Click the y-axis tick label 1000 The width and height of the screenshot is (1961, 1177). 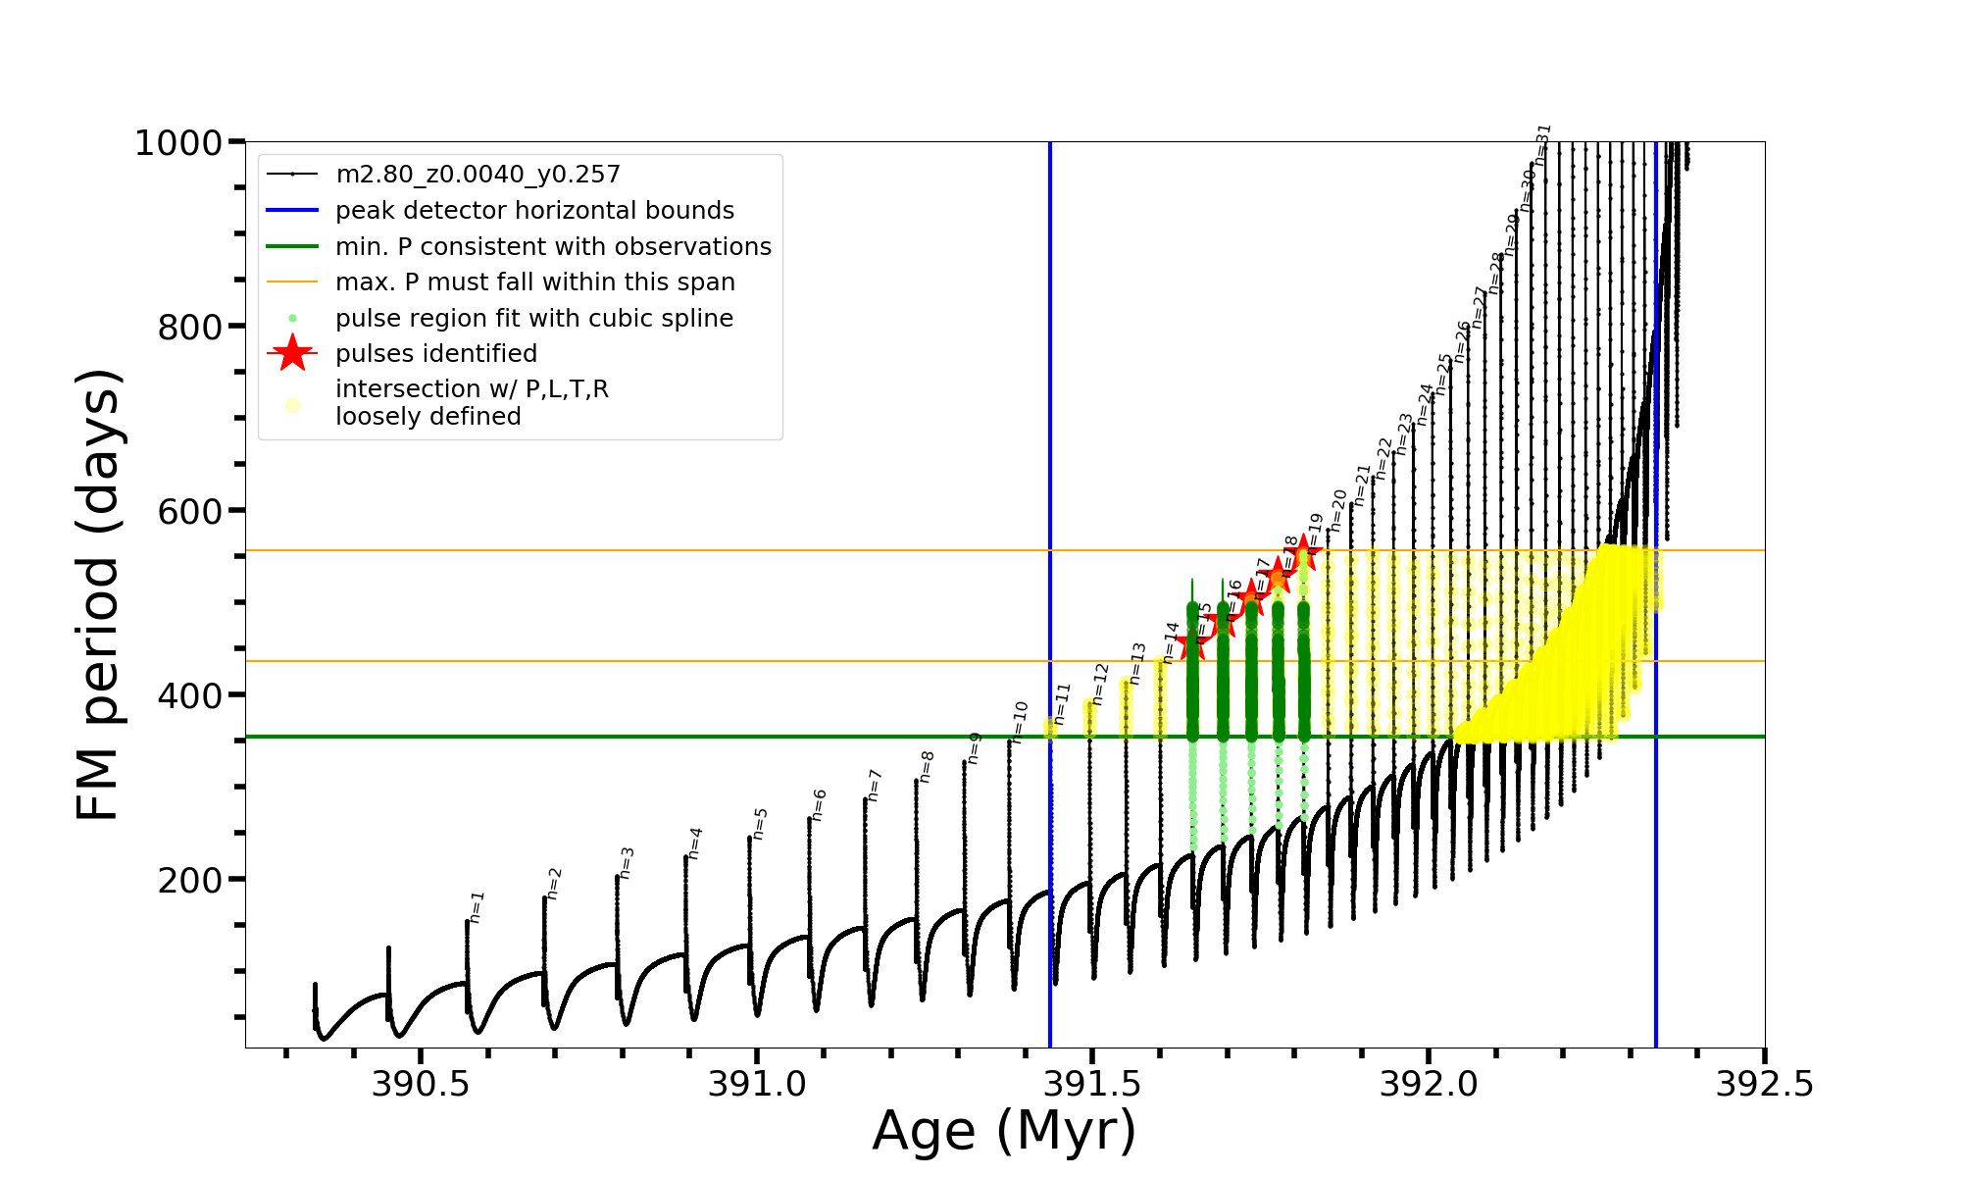point(178,143)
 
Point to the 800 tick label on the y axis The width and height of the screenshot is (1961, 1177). point(190,327)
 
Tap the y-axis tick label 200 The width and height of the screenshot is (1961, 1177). point(190,880)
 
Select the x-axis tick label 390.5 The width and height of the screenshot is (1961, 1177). point(421,1084)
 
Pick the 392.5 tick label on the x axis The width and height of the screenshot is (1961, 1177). point(1764,1084)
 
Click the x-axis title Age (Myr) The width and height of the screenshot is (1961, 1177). point(1004,1131)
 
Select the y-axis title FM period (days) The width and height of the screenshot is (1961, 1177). point(98,594)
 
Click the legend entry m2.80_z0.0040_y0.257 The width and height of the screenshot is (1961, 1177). point(478,175)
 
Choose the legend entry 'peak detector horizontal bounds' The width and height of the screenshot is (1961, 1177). point(534,211)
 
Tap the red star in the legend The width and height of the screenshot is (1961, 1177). point(292,353)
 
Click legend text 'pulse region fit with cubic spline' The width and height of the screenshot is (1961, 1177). point(534,319)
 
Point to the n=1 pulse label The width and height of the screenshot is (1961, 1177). point(478,907)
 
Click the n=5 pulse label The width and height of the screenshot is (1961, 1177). point(760,824)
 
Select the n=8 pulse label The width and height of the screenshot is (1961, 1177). point(927,766)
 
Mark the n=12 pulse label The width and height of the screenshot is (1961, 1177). point(1100,684)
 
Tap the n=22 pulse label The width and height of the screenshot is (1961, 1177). point(1383,458)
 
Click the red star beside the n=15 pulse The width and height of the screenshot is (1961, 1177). point(1191,644)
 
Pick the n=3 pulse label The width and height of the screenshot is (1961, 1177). point(627,862)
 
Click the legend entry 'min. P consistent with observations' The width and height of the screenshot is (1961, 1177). point(553,247)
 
